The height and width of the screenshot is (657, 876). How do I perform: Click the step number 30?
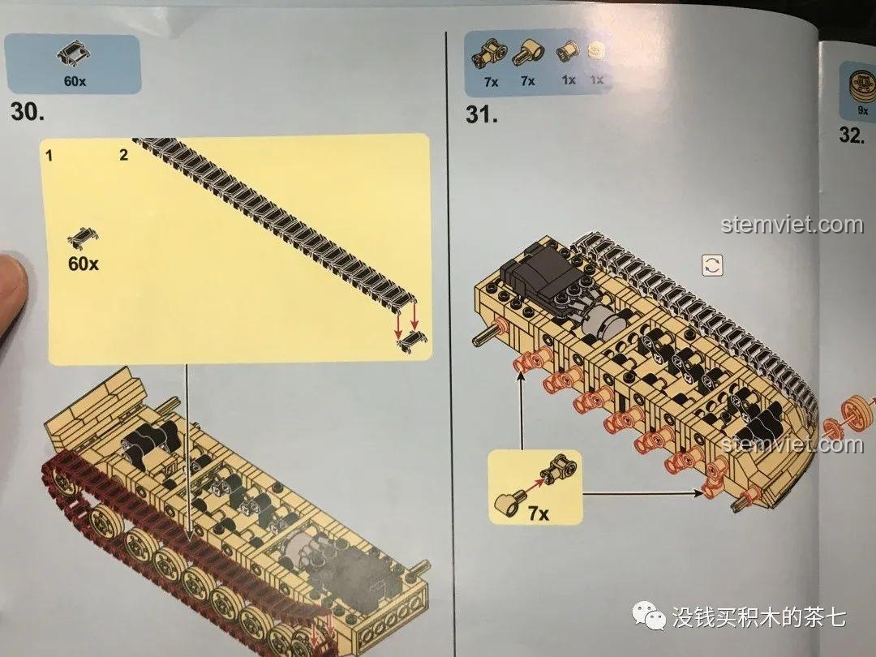28,113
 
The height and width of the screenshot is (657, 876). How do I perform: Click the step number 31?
482,114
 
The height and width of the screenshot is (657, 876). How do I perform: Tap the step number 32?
852,135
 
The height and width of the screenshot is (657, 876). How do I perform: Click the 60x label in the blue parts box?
75,81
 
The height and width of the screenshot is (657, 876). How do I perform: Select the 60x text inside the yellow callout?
84,263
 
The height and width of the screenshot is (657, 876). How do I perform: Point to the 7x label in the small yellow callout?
538,513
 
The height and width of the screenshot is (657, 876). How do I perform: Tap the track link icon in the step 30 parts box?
73,55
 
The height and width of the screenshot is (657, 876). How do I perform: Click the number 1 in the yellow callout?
49,155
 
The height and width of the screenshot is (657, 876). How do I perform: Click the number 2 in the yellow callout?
123,155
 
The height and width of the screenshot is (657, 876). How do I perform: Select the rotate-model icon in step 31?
712,265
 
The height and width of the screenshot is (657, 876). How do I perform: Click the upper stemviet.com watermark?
792,225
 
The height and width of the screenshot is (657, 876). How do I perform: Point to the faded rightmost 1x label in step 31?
597,80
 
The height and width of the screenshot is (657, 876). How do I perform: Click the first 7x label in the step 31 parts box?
491,81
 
